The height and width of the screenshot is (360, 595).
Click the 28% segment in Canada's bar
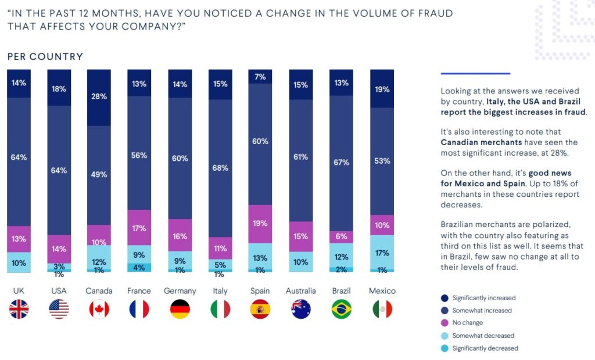(x=99, y=97)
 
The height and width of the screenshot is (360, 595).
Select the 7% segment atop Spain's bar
(x=260, y=77)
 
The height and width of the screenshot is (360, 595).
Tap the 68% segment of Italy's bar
(x=220, y=168)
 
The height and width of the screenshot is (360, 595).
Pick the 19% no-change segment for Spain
(x=260, y=224)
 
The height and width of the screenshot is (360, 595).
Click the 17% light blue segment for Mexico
(x=382, y=253)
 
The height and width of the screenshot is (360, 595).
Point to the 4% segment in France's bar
(x=139, y=267)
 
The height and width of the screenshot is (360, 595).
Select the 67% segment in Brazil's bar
(x=341, y=163)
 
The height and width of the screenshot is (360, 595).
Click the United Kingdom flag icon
(x=19, y=309)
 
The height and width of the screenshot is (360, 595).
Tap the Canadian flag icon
(x=99, y=309)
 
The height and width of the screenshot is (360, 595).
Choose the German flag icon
(x=180, y=309)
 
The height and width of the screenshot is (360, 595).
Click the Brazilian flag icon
(x=341, y=309)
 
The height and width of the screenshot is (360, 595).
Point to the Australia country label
(x=301, y=290)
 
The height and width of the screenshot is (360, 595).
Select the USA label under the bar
(x=59, y=290)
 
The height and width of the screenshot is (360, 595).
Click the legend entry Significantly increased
(x=482, y=298)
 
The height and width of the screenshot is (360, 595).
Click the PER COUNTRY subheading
(x=45, y=56)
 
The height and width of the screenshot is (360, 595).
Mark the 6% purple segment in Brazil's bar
(x=341, y=237)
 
